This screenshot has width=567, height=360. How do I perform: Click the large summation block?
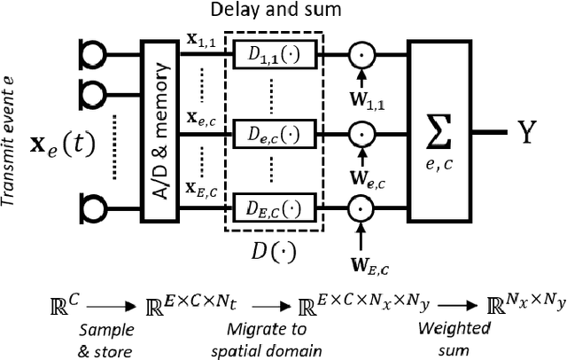[440, 130]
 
